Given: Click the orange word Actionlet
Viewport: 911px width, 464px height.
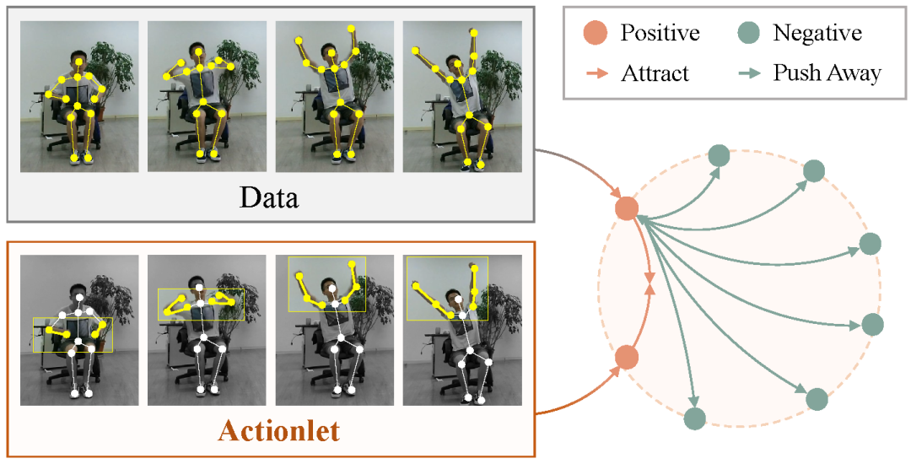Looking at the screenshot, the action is pyautogui.click(x=278, y=431).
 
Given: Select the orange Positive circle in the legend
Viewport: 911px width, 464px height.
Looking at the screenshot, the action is pyautogui.click(x=594, y=33).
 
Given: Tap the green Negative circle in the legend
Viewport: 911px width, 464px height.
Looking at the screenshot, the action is pyautogui.click(x=747, y=33).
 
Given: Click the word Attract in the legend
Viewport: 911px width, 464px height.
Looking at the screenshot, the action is pyautogui.click(x=655, y=73).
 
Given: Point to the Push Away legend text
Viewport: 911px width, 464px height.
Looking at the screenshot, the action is pyautogui.click(x=827, y=73).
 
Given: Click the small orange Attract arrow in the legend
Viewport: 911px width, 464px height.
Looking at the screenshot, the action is pyautogui.click(x=596, y=73).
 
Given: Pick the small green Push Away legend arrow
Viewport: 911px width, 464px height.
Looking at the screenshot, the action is pyautogui.click(x=748, y=73).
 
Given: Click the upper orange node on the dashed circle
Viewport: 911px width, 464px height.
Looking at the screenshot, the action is pyautogui.click(x=626, y=208).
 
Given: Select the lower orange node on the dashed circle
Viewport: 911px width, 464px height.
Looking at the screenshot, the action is pyautogui.click(x=626, y=357).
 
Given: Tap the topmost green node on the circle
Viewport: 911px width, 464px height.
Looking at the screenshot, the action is pyautogui.click(x=718, y=155).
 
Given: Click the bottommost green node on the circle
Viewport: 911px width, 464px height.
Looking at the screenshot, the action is pyautogui.click(x=694, y=418).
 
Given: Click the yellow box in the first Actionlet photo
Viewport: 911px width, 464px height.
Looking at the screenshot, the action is pyautogui.click(x=73, y=335).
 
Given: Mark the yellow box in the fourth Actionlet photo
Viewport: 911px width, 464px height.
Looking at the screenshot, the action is pyautogui.click(x=447, y=289).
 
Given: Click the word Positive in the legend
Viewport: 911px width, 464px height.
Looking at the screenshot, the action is pyautogui.click(x=660, y=33).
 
